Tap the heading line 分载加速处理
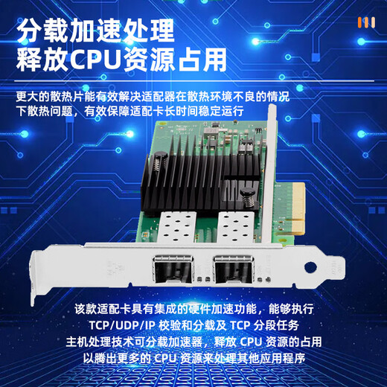click(x=95, y=30)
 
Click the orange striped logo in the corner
click(x=365, y=22)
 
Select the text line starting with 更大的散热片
click(x=153, y=97)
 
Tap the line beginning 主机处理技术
click(x=195, y=342)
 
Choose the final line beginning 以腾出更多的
click(x=195, y=358)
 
